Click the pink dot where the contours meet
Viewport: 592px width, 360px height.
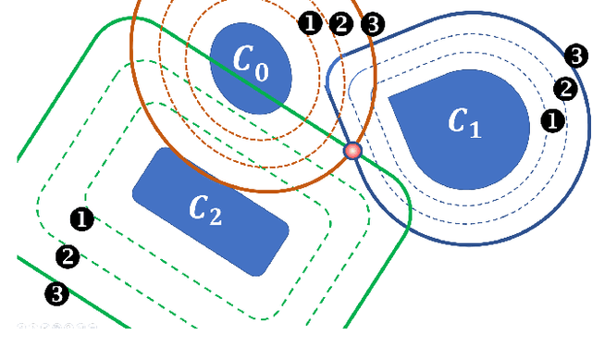(x=352, y=151)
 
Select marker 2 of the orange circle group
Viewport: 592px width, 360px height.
(x=341, y=24)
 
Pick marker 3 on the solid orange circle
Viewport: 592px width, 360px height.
(x=372, y=24)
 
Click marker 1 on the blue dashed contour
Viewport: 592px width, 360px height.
(x=552, y=120)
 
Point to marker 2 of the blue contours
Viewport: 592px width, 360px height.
(x=565, y=89)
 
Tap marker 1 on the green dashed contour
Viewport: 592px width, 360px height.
(x=82, y=219)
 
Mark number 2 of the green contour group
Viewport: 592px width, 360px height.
(x=68, y=256)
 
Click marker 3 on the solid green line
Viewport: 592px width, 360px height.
(x=56, y=294)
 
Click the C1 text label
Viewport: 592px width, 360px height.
(x=463, y=122)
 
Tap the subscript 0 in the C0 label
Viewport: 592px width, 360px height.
(x=262, y=71)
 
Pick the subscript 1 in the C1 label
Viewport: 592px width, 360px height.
(x=475, y=129)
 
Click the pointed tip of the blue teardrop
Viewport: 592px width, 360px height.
(x=390, y=94)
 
